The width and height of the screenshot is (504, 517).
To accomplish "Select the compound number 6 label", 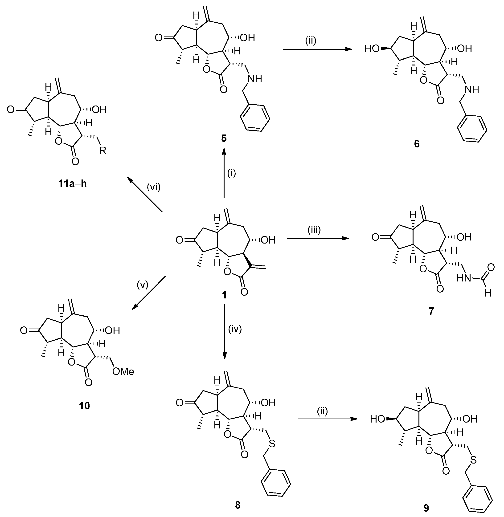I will [417, 144].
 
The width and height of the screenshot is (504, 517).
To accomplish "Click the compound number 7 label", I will [431, 311].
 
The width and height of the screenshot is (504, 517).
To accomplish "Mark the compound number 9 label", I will [426, 508].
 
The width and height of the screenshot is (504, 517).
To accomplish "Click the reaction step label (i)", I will [231, 173].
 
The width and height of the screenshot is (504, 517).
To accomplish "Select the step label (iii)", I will [314, 230].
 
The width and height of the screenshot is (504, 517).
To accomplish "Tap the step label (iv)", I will [235, 330].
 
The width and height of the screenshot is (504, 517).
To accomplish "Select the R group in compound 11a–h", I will [103, 151].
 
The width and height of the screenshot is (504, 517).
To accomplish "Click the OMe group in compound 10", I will [123, 372].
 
